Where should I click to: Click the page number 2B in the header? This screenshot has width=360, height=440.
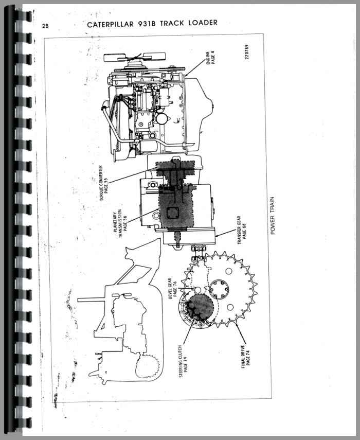point(45,26)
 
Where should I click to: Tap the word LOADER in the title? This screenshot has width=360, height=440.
point(203,23)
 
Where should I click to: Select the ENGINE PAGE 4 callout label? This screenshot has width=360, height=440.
point(210,58)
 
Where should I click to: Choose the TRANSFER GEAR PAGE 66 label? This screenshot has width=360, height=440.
point(242,230)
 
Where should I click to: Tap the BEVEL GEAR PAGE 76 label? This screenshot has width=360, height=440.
point(172,289)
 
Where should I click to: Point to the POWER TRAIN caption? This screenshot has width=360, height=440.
point(273,216)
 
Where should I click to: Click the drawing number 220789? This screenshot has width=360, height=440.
point(246,52)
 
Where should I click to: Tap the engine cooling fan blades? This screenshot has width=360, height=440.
point(135,58)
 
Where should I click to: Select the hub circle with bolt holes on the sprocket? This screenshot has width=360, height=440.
point(219,290)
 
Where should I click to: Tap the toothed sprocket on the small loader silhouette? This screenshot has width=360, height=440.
point(147,366)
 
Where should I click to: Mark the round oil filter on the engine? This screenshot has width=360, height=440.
point(162,119)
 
